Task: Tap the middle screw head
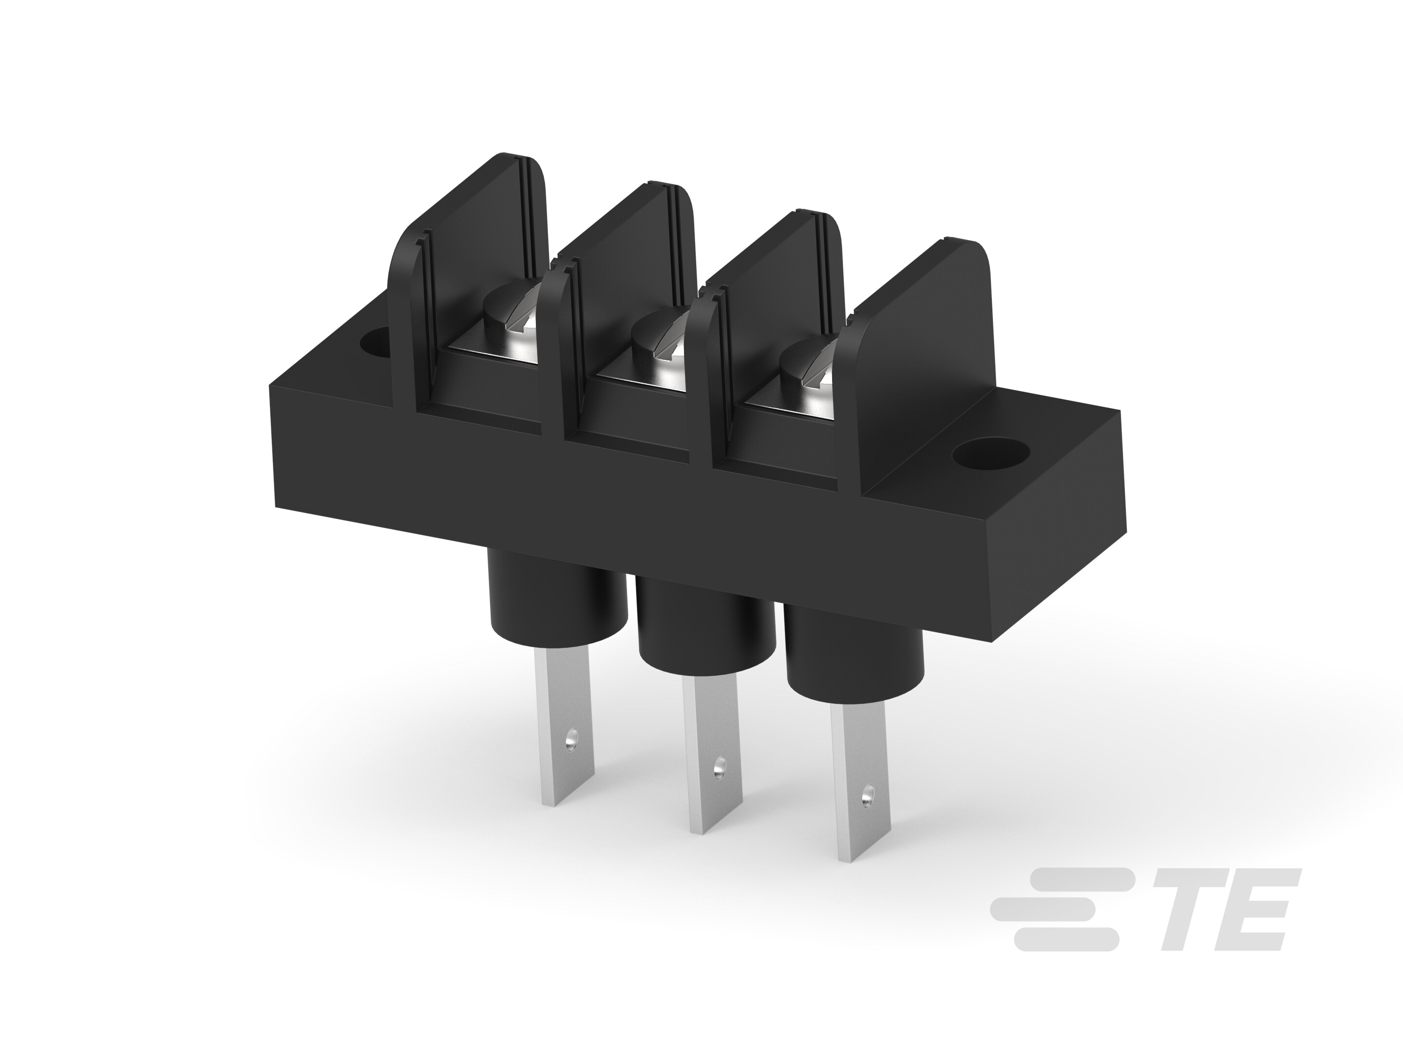click(660, 340)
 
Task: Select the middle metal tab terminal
click(710, 754)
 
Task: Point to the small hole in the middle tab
click(719, 769)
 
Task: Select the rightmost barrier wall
click(920, 317)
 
